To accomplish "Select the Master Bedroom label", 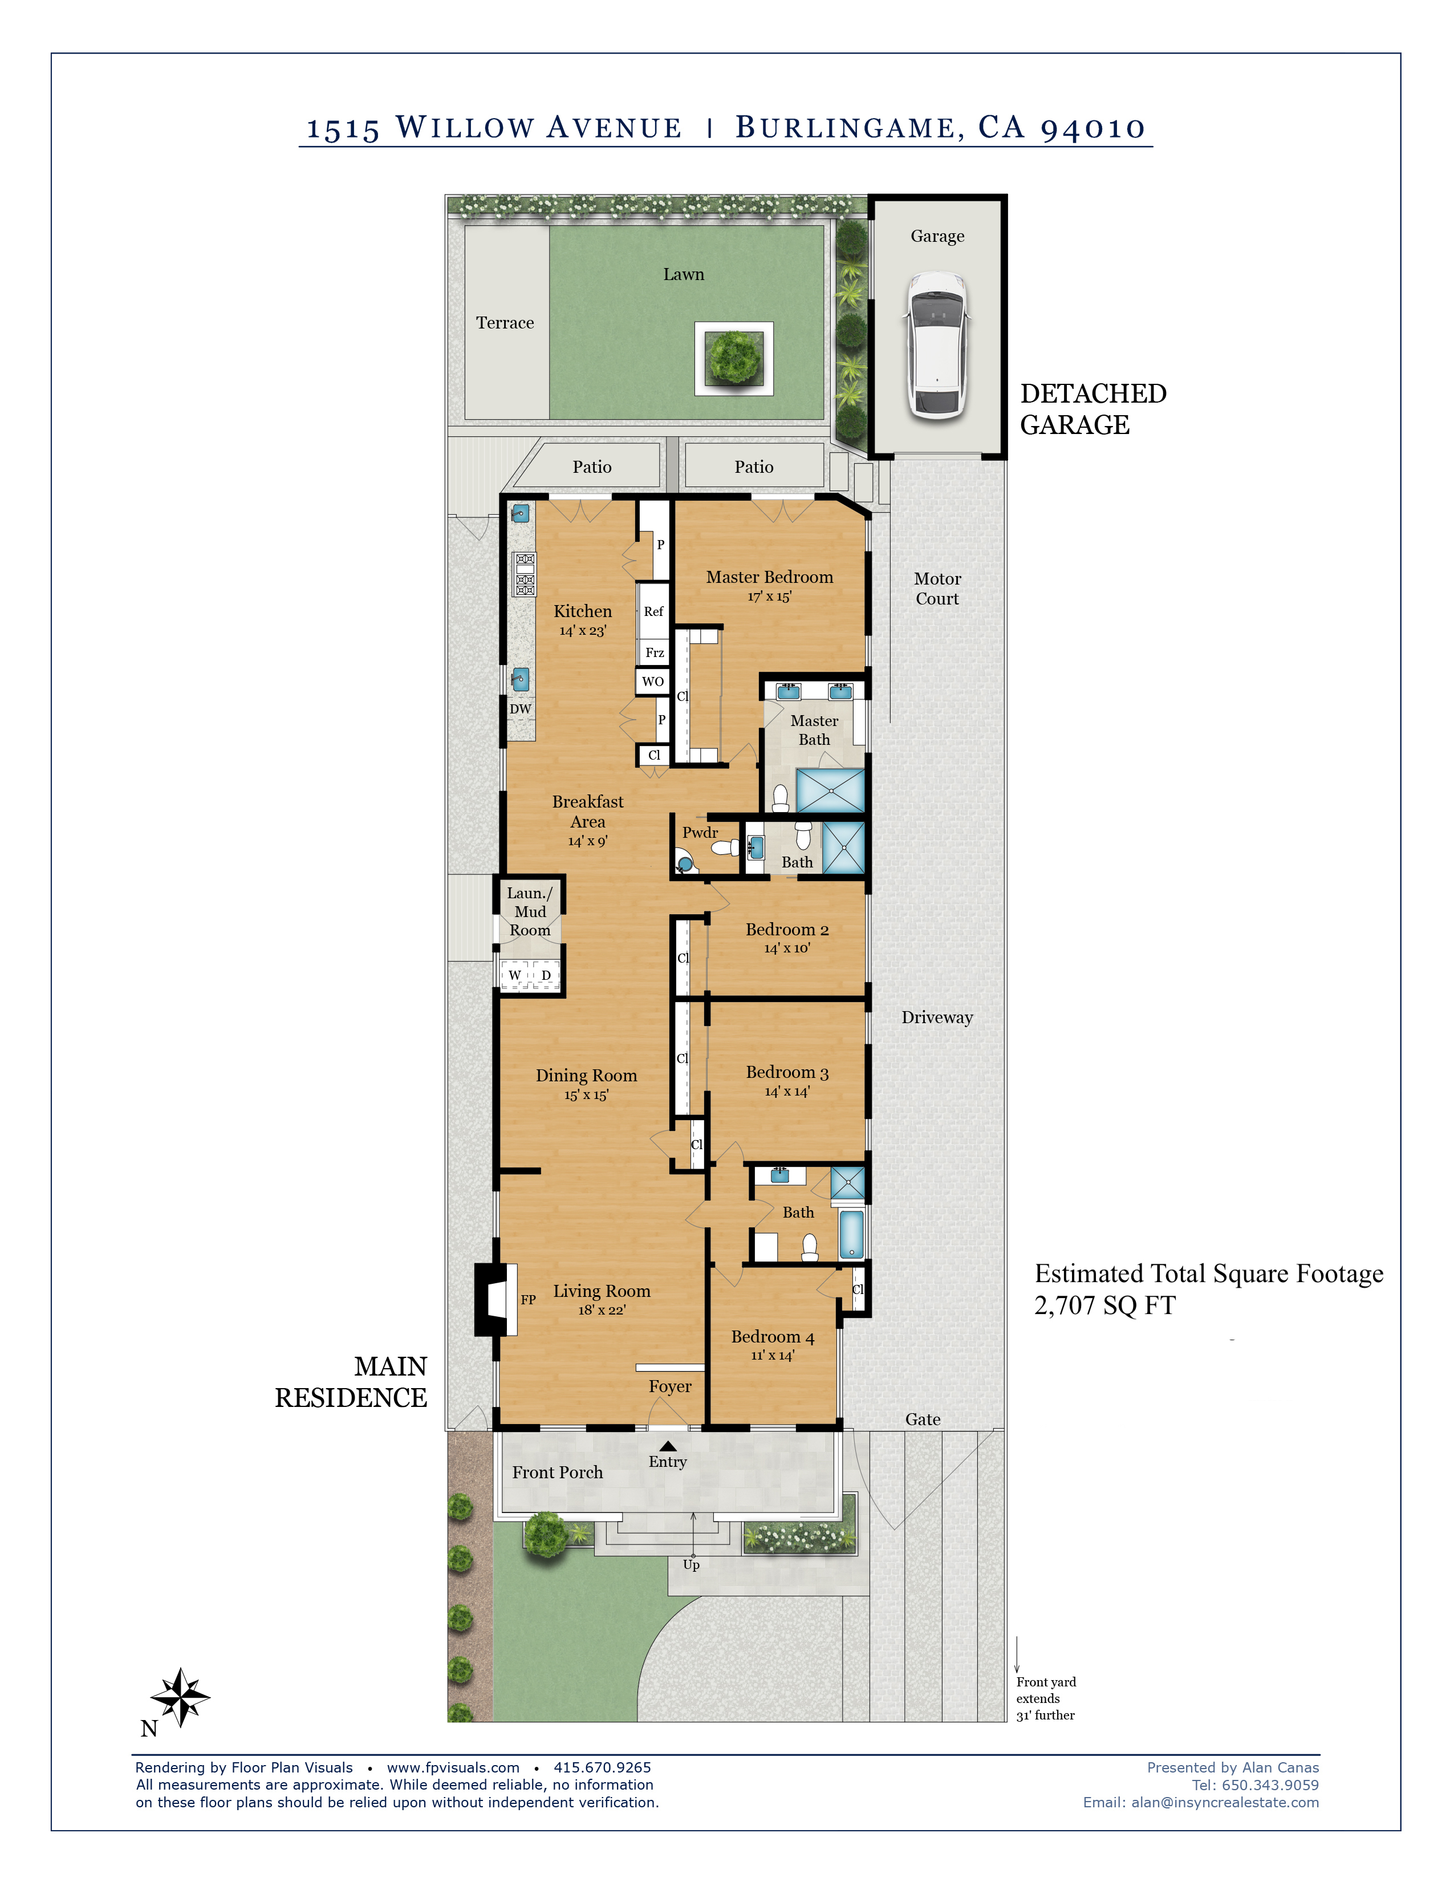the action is (x=769, y=577).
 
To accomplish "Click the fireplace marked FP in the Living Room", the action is (x=496, y=1300).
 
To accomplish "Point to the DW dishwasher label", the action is (x=520, y=709).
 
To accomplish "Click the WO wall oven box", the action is (x=653, y=681).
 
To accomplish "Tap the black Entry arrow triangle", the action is (x=668, y=1446).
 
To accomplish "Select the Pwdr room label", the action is (x=700, y=833).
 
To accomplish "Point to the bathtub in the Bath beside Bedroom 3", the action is (x=851, y=1235).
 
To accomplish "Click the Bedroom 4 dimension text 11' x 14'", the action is (x=773, y=1356).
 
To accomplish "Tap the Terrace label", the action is (x=505, y=323).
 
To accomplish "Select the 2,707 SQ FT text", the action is (x=1104, y=1305).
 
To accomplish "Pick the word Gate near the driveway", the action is (x=923, y=1419).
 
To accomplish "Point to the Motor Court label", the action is (x=937, y=589).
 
